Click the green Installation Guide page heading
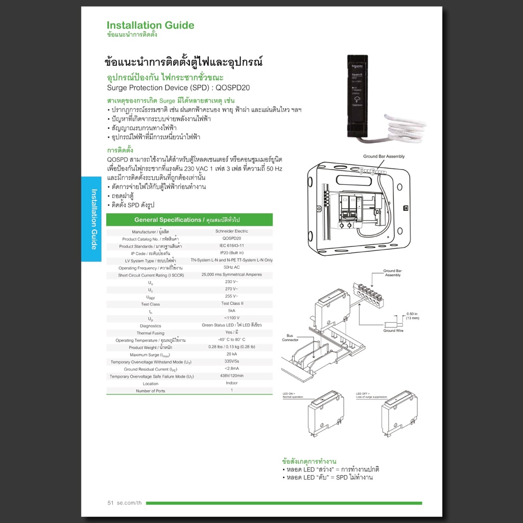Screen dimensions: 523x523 [x=150, y=26]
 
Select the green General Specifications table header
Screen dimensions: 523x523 [x=189, y=220]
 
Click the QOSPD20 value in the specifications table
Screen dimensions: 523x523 [x=231, y=239]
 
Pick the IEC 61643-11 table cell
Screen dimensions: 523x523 [x=231, y=246]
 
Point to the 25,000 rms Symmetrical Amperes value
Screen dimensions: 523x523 [x=231, y=275]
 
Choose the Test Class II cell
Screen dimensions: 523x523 [x=231, y=303]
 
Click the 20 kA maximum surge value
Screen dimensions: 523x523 [x=231, y=354]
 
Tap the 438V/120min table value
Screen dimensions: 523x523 [x=231, y=376]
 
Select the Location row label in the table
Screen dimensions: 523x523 [x=151, y=384]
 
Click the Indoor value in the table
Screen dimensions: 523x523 [x=231, y=383]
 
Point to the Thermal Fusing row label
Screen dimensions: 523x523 [x=151, y=333]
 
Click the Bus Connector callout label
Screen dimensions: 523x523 [x=290, y=338]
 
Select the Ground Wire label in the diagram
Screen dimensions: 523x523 [x=393, y=331]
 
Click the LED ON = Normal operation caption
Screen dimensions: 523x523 [x=293, y=395]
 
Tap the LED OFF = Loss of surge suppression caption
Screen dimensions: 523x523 [x=371, y=395]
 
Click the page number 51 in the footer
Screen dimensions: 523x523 [x=110, y=503]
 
